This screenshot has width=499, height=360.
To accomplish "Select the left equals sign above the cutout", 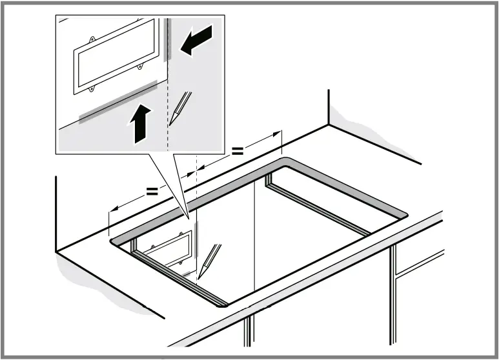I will coord(152,191).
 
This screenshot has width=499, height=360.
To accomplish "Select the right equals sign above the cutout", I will coord(238,151).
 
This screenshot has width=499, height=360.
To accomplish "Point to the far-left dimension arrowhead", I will coord(112,209).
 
